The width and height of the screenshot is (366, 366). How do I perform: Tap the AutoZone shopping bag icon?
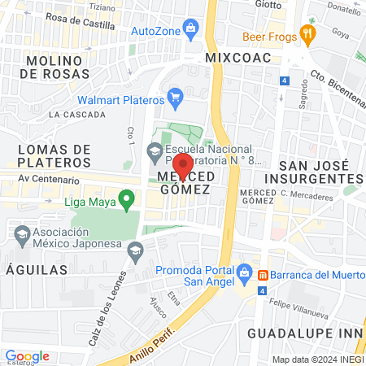coord(191,28)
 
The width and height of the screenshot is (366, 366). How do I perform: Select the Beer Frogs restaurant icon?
coord(307,33)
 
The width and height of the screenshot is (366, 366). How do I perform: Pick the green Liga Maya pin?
coord(126,198)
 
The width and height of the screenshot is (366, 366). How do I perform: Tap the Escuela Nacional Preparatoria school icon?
coord(154,150)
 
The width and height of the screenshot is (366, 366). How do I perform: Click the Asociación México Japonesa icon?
coord(22,235)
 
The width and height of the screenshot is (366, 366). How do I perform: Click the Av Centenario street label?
coord(50,180)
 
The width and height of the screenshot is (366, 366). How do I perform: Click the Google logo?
coord(27,356)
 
